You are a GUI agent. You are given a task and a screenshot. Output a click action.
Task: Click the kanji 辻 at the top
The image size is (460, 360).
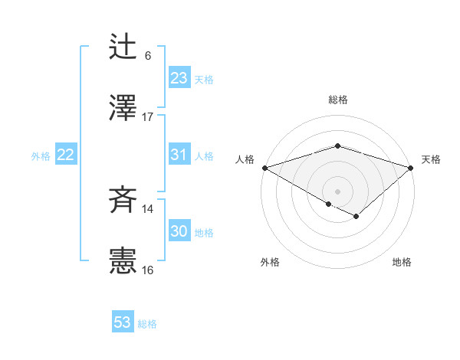pos(123,47)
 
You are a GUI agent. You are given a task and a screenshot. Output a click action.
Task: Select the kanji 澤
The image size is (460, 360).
pos(123,108)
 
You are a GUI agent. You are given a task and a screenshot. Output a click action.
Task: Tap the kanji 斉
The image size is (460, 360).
pos(123,201)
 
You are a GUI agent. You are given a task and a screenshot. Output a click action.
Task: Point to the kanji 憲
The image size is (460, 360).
pos(123,261)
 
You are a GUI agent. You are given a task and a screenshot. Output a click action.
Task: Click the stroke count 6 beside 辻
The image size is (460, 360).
pos(148,56)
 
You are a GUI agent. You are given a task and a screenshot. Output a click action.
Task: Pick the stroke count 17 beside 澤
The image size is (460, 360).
pos(148,117)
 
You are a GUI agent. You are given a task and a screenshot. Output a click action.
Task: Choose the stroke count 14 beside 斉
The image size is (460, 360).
pos(148,209)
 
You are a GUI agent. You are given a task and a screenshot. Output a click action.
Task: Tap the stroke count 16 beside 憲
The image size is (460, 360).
pos(148,270)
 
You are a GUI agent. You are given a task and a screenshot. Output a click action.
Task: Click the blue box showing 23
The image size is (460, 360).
pos(179,78)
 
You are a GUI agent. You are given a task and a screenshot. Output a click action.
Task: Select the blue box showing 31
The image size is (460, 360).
pos(179,155)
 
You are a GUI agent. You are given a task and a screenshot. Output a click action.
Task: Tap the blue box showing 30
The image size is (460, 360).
pos(179,231)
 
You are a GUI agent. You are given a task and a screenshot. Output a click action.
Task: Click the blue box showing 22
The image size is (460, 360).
pos(66,155)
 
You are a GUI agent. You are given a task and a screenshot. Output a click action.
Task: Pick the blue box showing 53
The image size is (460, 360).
pos(123,322)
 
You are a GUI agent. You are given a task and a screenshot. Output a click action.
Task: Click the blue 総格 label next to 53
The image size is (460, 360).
pos(147,324)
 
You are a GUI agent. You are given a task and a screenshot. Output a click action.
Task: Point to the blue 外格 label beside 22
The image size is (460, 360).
pos(41,156)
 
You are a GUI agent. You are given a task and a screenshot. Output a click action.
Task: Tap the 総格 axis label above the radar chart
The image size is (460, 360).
pos(338,100)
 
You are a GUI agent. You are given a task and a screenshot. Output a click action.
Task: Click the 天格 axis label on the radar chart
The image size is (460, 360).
pos(432,159)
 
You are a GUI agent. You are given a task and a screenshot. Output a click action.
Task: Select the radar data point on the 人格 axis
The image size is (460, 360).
pos(264,168)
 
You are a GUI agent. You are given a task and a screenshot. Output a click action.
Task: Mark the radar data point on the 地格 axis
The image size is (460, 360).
pos(356,218)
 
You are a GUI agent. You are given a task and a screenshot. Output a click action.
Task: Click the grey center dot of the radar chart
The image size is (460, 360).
pos(337,191)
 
